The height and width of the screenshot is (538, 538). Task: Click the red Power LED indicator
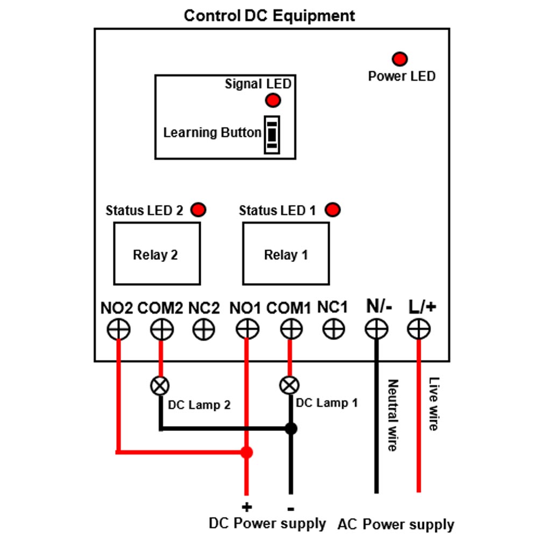point(400,59)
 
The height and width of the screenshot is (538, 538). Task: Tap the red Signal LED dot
point(273,101)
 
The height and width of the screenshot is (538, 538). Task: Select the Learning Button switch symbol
point(272,135)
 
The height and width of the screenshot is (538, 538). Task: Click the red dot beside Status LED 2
point(199,210)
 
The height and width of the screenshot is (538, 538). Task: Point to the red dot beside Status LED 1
point(333,210)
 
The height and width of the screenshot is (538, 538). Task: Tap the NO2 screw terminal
point(118,329)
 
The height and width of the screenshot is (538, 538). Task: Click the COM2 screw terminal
point(161,329)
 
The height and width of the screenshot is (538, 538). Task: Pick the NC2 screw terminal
point(204,329)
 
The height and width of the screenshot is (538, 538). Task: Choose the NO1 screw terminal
point(247,329)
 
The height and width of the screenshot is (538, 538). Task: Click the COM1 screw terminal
point(291,329)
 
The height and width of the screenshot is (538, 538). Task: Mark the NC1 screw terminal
point(334,329)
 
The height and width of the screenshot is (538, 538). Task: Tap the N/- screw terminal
point(377,329)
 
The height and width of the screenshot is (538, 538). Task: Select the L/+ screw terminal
point(419,329)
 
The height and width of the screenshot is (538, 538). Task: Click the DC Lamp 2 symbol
point(160,386)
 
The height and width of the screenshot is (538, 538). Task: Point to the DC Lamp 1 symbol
point(289,385)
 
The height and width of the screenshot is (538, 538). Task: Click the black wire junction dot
point(291,429)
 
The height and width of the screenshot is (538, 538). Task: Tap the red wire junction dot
point(247,452)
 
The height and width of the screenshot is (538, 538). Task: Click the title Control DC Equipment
point(270,16)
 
